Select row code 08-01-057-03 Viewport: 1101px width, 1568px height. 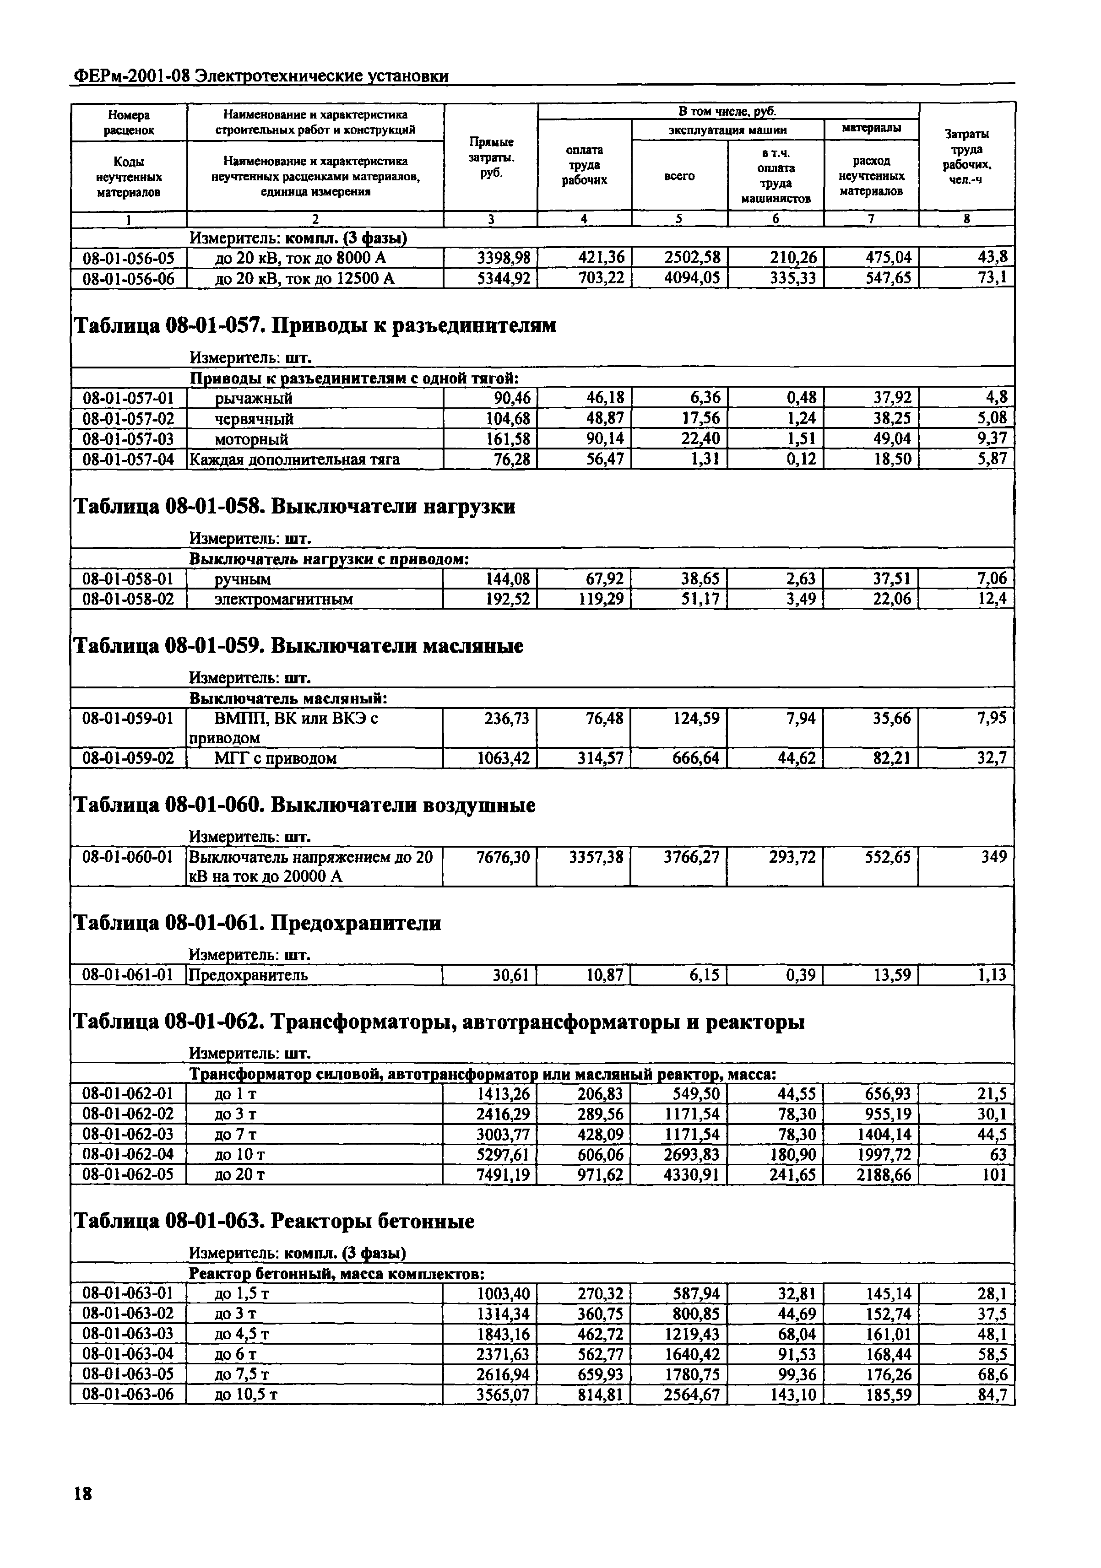pos(128,438)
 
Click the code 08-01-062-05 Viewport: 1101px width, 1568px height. pos(128,1175)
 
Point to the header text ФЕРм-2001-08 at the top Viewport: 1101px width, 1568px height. pos(130,76)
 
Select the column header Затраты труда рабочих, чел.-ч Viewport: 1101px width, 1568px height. pos(966,158)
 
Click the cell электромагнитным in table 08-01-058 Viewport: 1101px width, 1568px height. pos(284,600)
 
